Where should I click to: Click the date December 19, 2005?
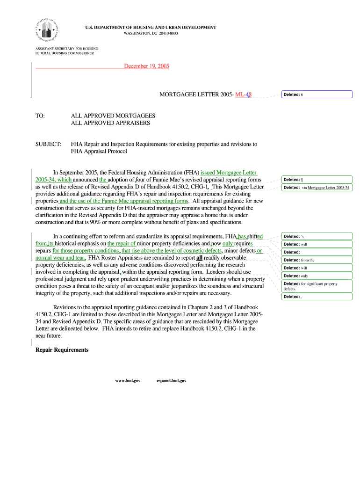(x=146, y=66)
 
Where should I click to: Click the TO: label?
(x=40, y=115)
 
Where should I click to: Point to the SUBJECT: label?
(x=49, y=144)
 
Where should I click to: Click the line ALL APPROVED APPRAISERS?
(x=110, y=123)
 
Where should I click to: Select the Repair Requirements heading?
(x=62, y=349)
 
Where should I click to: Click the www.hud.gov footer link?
(x=128, y=381)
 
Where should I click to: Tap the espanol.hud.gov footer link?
(x=171, y=381)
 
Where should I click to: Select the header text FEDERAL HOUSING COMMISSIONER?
(x=65, y=53)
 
